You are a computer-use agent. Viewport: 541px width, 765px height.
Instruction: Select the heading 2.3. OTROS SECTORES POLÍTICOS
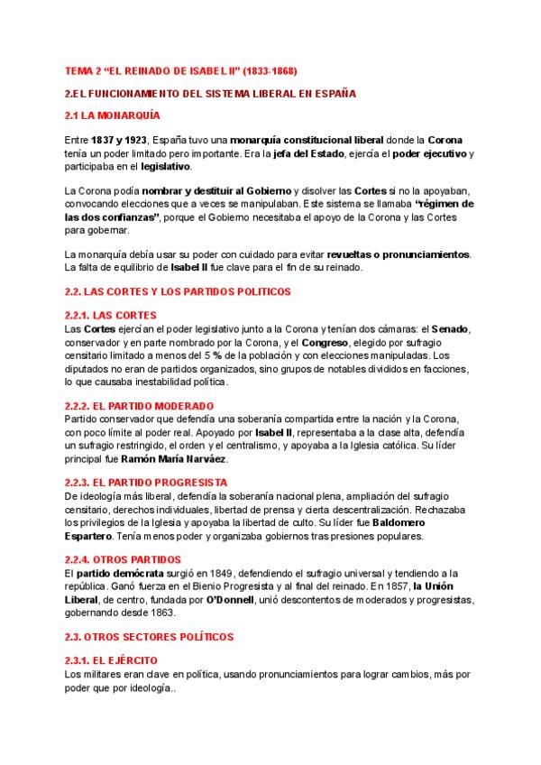tap(156, 637)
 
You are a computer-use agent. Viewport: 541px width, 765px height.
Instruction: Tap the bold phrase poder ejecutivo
tap(434, 154)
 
